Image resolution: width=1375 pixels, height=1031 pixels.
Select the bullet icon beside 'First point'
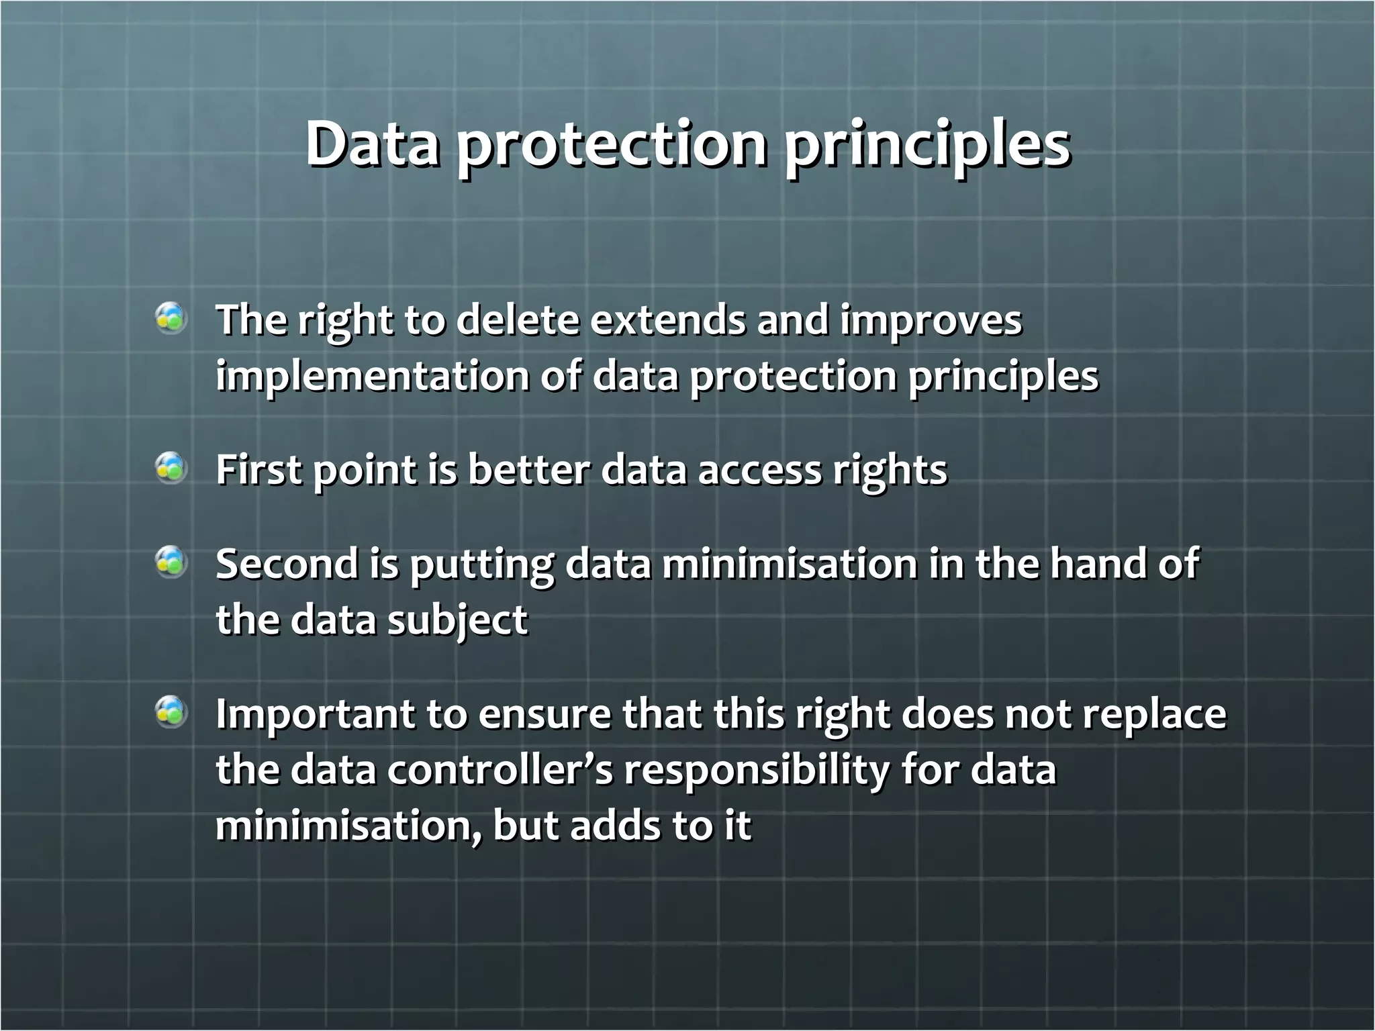pyautogui.click(x=171, y=468)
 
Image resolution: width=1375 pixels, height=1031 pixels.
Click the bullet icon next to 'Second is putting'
pyautogui.click(x=171, y=562)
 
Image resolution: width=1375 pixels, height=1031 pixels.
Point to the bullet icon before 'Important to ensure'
pyautogui.click(x=171, y=712)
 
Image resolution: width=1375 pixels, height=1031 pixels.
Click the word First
pyautogui.click(x=258, y=469)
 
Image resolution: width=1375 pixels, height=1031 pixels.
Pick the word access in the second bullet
pyautogui.click(x=759, y=469)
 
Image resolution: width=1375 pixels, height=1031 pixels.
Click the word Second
pyautogui.click(x=287, y=563)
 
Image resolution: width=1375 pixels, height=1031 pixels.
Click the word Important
pyautogui.click(x=315, y=714)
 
